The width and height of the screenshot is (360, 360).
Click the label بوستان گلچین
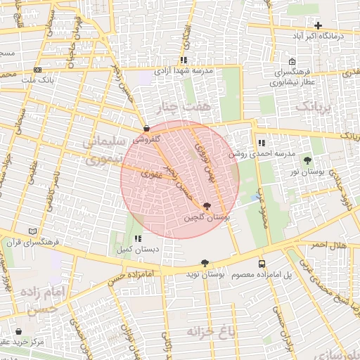(x=207, y=218)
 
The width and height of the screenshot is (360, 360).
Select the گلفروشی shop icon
(x=146, y=129)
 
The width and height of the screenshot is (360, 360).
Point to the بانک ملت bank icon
(x=37, y=70)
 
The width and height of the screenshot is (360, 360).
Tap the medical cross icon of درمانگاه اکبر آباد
(x=318, y=25)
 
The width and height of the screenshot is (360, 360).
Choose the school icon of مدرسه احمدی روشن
(x=261, y=143)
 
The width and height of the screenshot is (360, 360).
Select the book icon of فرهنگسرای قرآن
(x=32, y=231)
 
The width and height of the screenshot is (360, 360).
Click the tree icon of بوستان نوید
(x=205, y=263)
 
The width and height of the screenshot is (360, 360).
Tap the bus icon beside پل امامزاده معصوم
(x=262, y=264)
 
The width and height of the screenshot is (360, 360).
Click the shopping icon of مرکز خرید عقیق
(x=18, y=331)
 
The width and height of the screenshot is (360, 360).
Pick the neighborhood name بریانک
(x=311, y=107)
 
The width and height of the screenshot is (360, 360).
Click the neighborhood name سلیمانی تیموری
(x=104, y=150)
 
